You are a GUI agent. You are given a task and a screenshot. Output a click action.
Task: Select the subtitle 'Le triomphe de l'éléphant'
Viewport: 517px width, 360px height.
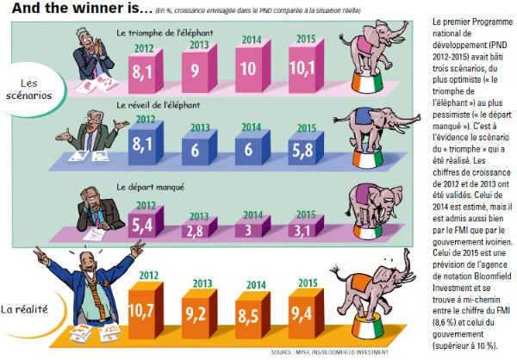(164, 32)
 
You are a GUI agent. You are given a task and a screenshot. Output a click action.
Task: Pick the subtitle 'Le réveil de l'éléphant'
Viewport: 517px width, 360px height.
(157, 103)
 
